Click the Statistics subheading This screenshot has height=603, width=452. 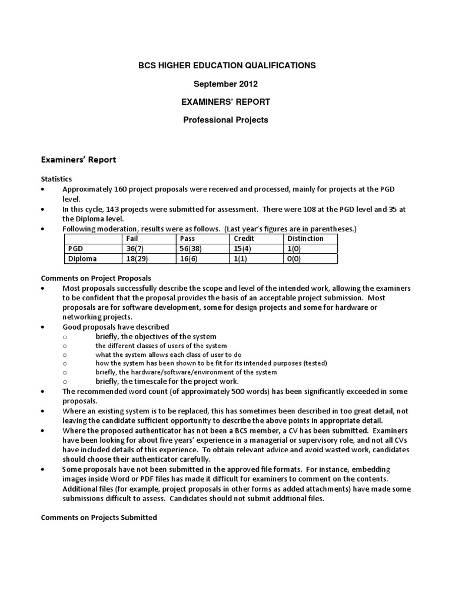56,178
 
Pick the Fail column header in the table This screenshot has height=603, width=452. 132,238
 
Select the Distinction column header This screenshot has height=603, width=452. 305,238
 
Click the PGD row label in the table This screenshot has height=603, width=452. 76,249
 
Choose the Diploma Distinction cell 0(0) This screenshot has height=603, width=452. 294,259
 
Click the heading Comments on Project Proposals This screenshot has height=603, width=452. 96,278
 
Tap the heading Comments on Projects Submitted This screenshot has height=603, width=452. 98,518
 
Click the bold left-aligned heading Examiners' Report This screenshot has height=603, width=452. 78,159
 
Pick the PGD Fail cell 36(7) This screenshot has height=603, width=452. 137,249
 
